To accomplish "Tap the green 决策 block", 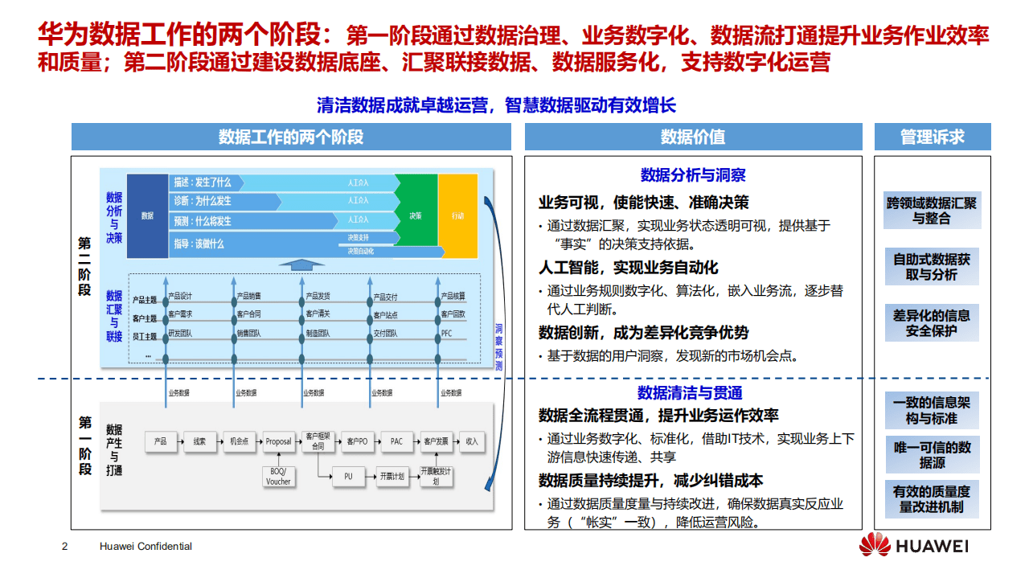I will [416, 215].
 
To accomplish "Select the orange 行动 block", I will [457, 215].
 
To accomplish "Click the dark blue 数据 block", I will [147, 215].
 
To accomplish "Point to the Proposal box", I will [278, 441].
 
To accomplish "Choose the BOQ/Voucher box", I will [278, 477].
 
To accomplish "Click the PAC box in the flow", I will [396, 441].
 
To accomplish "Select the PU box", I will [348, 477].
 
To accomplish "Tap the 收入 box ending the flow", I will [472, 441].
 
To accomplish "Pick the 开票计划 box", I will [392, 477].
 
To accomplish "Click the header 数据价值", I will [693, 137].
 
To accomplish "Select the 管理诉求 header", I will [933, 137].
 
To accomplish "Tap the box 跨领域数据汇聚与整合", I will [932, 211].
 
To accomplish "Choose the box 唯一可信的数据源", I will [932, 455].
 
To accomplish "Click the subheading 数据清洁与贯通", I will [689, 392].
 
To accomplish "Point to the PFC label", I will [448, 334].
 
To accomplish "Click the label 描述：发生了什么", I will [203, 182].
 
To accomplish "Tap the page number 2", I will [65, 547].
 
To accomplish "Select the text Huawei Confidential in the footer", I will [146, 547].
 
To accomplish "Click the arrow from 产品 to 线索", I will [178, 441].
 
